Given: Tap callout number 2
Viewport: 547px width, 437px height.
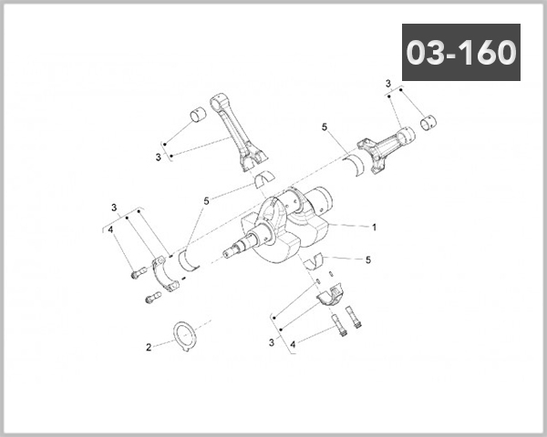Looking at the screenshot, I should (149, 347).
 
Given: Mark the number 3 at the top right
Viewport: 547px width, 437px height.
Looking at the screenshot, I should (387, 84).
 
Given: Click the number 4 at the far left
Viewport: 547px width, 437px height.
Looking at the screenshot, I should (110, 230).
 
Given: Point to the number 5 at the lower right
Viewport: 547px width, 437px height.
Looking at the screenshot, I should (367, 259).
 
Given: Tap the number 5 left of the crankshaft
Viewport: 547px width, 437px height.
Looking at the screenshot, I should (207, 200).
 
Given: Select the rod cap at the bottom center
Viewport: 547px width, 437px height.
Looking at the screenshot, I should (330, 296).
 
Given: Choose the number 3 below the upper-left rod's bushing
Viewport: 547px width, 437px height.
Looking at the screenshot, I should (158, 157).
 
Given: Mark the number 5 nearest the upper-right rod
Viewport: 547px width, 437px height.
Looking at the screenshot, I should (324, 128).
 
